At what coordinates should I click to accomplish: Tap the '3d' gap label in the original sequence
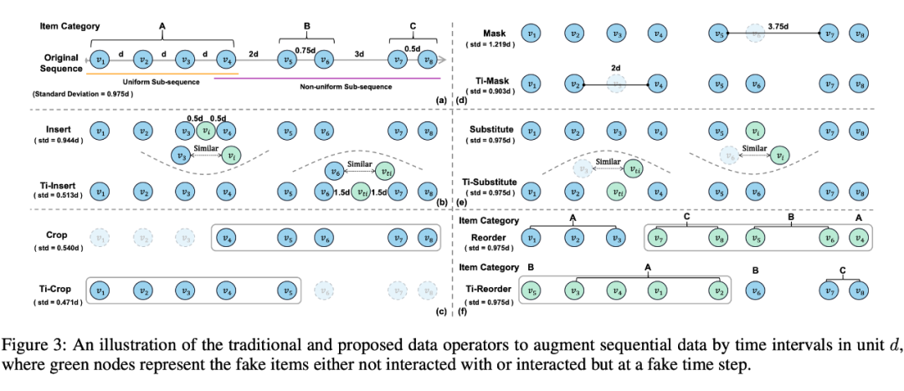[357, 54]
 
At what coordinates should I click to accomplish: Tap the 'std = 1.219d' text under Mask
[494, 43]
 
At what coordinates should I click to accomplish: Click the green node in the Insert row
[204, 131]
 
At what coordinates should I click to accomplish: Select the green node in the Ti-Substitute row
[617, 191]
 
